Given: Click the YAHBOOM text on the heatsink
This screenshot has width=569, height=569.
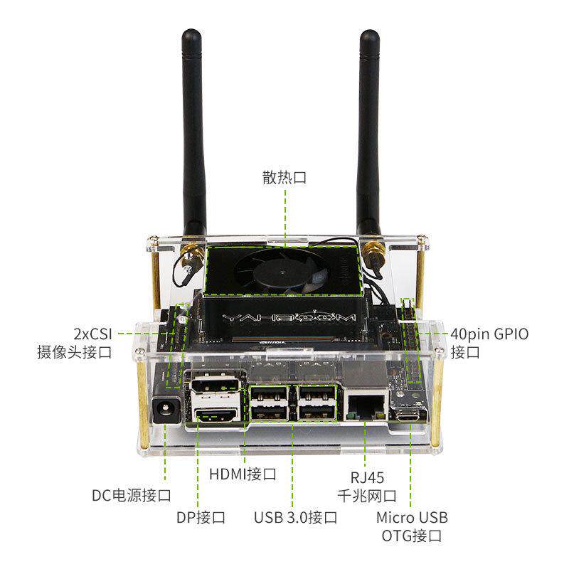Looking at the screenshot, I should click(284, 316).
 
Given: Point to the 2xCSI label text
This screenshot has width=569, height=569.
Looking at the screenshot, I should click(92, 333).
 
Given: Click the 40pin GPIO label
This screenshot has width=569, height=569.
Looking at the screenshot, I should click(490, 333).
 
